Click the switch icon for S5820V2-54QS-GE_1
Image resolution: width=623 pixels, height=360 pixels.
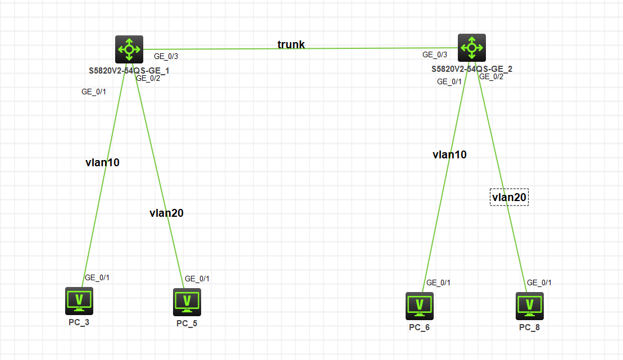(x=129, y=49)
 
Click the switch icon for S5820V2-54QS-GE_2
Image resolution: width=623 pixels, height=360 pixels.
(x=471, y=48)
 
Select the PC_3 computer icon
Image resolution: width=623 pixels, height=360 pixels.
(x=79, y=301)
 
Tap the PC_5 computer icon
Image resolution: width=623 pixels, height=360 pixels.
(x=187, y=302)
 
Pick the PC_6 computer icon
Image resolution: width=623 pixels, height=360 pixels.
(x=419, y=306)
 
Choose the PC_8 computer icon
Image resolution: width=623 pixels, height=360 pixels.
(x=529, y=306)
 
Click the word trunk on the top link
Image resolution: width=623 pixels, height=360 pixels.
(x=291, y=44)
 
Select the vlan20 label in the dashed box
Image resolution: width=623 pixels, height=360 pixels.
(x=509, y=197)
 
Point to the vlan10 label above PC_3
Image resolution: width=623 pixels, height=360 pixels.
(x=102, y=163)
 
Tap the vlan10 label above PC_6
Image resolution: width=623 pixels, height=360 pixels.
(x=449, y=155)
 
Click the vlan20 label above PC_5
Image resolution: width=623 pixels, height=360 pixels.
(x=166, y=213)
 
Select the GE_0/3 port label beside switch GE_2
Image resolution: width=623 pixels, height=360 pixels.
(x=435, y=54)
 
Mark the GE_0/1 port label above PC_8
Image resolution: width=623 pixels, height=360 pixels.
(x=539, y=282)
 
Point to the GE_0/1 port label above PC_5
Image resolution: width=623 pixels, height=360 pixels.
(x=197, y=279)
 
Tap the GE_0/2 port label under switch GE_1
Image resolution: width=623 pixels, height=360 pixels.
(x=148, y=79)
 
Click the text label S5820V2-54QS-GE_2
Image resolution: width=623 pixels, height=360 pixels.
(x=472, y=69)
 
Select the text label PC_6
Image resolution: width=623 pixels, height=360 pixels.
(x=419, y=327)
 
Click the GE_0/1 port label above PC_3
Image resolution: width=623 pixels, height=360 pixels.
(x=97, y=277)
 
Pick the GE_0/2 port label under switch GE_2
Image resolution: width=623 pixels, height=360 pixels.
(x=491, y=77)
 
